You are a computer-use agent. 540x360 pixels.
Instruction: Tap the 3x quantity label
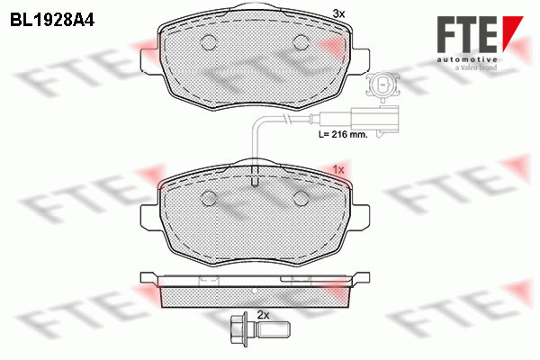click(338, 13)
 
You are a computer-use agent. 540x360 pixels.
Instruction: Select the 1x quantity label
click(338, 169)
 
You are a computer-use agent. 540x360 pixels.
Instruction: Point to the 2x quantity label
click(264, 315)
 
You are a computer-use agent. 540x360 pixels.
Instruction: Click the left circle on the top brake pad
click(209, 41)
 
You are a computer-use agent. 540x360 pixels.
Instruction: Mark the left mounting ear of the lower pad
click(150, 215)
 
